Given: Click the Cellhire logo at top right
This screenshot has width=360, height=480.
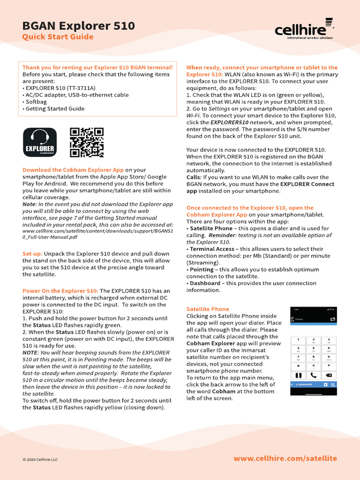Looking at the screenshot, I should tap(304, 30).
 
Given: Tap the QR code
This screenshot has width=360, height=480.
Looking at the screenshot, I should tap(87, 142).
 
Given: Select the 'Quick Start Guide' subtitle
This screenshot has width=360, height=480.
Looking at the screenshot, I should tap(58, 37).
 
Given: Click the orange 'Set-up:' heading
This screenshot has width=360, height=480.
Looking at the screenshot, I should tap(32, 254).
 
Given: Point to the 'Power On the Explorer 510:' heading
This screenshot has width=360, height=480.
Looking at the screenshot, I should tap(60, 291).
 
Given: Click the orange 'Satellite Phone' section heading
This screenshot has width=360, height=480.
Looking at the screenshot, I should tap(208, 309).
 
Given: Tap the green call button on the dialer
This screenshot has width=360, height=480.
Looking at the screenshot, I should tap(314, 375).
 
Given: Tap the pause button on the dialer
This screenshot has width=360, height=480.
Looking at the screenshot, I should tap(298, 375).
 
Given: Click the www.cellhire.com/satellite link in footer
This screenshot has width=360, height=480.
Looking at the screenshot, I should tap(285, 458).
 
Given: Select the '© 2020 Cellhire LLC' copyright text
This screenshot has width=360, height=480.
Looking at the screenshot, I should tap(40, 459).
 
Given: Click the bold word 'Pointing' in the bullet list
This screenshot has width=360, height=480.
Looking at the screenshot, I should tap(202, 270).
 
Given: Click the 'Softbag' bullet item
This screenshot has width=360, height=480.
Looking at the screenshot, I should tap(37, 102).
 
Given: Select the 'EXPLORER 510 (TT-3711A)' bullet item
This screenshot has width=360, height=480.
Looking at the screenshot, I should tap(60, 88).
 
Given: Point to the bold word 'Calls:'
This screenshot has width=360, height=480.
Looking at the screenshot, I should tap(194, 177).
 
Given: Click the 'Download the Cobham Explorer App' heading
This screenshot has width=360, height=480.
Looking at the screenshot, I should tap(73, 170).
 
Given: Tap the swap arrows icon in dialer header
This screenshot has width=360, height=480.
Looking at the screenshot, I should tap(332, 319).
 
